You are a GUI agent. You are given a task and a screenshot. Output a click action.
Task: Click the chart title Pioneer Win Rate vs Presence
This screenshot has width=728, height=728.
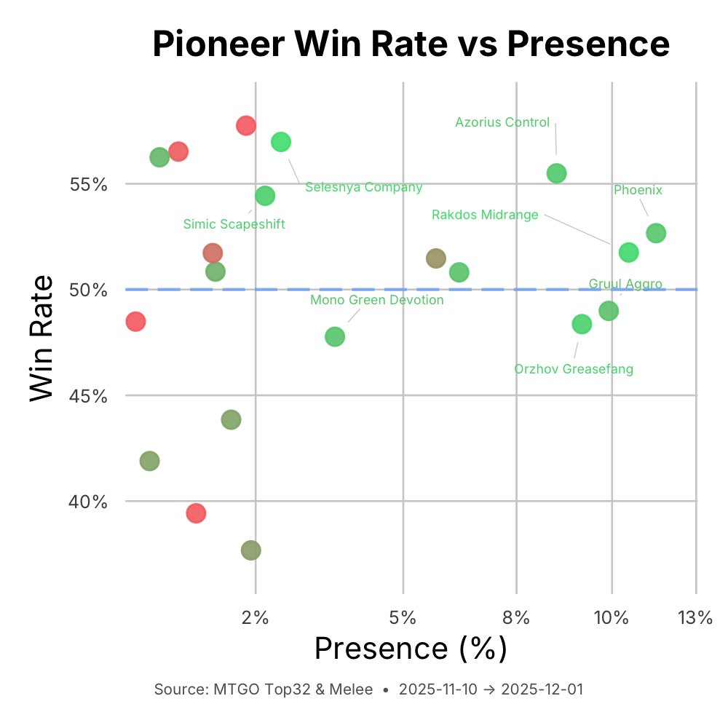pyautogui.click(x=411, y=45)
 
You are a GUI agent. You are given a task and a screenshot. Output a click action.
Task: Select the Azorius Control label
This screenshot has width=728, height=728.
pyautogui.click(x=502, y=122)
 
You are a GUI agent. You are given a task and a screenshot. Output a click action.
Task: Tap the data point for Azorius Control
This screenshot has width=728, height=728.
pyautogui.click(x=556, y=173)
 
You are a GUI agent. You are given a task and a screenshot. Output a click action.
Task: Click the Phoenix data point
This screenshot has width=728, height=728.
pyautogui.click(x=656, y=233)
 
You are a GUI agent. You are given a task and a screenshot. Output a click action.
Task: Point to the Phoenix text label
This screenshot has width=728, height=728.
pyautogui.click(x=638, y=190)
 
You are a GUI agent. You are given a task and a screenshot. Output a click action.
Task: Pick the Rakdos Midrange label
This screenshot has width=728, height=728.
pyautogui.click(x=485, y=215)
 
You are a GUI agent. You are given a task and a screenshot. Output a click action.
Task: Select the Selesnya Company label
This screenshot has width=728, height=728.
pyautogui.click(x=363, y=187)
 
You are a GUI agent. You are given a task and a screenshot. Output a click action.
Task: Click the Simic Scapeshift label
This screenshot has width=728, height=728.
pyautogui.click(x=234, y=224)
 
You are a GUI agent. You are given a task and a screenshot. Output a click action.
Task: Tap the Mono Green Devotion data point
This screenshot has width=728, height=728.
pyautogui.click(x=335, y=336)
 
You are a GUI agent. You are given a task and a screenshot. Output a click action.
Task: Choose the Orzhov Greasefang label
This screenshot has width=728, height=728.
pyautogui.click(x=574, y=369)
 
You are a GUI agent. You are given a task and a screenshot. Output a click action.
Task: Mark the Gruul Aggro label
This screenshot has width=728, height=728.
pyautogui.click(x=625, y=284)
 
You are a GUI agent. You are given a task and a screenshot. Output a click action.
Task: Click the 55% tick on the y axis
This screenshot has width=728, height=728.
pyautogui.click(x=89, y=184)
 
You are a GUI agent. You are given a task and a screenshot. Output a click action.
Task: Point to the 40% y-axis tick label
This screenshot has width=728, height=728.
pyautogui.click(x=89, y=502)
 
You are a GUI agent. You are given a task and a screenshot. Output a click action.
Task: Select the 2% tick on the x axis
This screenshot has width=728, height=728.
pyautogui.click(x=256, y=618)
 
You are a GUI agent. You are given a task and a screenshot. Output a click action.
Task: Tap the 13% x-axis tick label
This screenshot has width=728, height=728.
pyautogui.click(x=695, y=618)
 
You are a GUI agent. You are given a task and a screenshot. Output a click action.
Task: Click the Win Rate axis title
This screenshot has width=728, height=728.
pyautogui.click(x=42, y=337)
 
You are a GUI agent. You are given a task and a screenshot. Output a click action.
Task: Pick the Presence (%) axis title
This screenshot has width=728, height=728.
pyautogui.click(x=411, y=648)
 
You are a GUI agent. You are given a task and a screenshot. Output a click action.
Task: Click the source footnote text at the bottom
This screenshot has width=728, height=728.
pyautogui.click(x=368, y=689)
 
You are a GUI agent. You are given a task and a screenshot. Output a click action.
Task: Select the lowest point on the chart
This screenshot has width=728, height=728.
pyautogui.click(x=250, y=550)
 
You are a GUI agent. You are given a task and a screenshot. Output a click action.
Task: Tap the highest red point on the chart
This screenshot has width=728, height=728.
pyautogui.click(x=246, y=125)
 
